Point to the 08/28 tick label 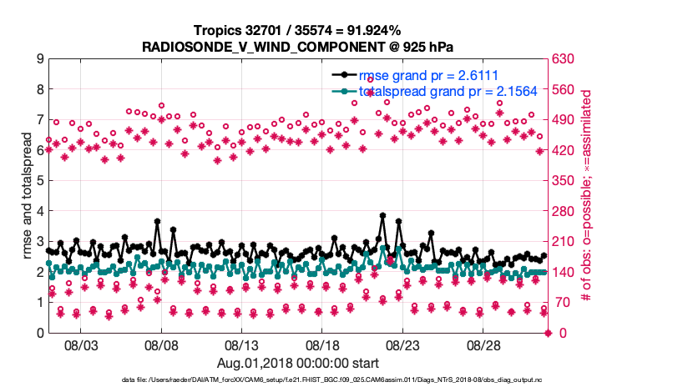coord(483,344)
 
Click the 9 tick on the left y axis coord(40,59)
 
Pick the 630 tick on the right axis coord(564,59)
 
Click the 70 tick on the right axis coord(560,303)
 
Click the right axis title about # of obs coord(587,196)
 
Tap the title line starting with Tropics coord(298,31)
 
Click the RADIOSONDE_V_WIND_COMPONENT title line coord(298,46)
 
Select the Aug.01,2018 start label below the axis coord(298,363)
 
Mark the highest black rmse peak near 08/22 coord(382,215)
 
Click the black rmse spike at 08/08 coord(157,222)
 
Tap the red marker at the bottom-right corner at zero coord(549,333)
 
